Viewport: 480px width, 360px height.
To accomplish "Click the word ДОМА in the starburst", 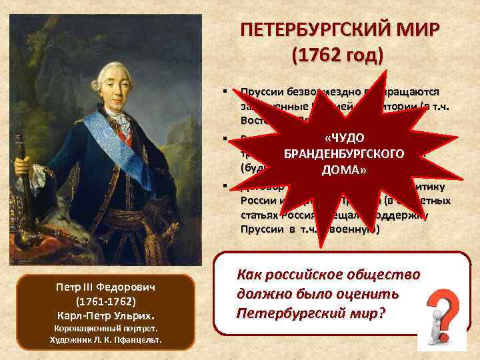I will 344,169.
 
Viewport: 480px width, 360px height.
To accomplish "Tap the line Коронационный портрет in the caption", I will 105,329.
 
